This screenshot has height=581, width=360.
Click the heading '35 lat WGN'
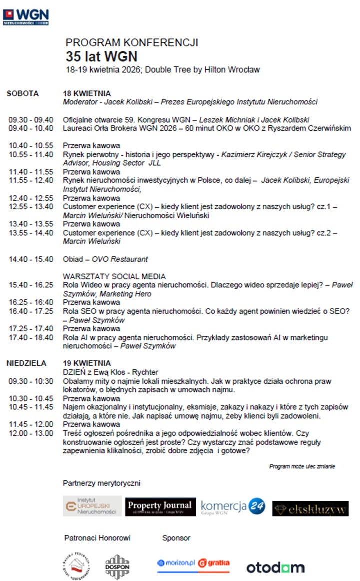tap(102, 56)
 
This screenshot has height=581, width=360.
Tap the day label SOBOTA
tap(23, 93)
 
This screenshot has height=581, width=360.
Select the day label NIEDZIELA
tap(27, 363)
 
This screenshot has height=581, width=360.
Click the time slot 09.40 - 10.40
tap(31, 128)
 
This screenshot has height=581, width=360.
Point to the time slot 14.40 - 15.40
tap(31, 259)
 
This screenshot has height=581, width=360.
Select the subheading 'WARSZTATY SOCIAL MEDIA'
tap(114, 276)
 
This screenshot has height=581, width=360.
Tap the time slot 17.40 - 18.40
tap(31, 337)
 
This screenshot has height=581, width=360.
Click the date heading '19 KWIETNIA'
tap(87, 363)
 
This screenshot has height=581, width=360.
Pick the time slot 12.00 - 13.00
tap(31, 433)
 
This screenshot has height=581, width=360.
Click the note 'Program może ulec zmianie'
tap(302, 466)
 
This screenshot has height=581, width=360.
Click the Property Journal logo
tap(159, 506)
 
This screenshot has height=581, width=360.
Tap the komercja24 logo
tap(232, 507)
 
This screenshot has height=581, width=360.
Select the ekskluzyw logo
tap(310, 508)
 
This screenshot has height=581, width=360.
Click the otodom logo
tap(275, 567)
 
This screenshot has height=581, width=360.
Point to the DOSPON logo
tap(117, 566)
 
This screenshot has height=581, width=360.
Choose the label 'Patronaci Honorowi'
tap(97, 538)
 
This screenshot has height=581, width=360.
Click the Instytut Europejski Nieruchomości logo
tap(92, 506)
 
